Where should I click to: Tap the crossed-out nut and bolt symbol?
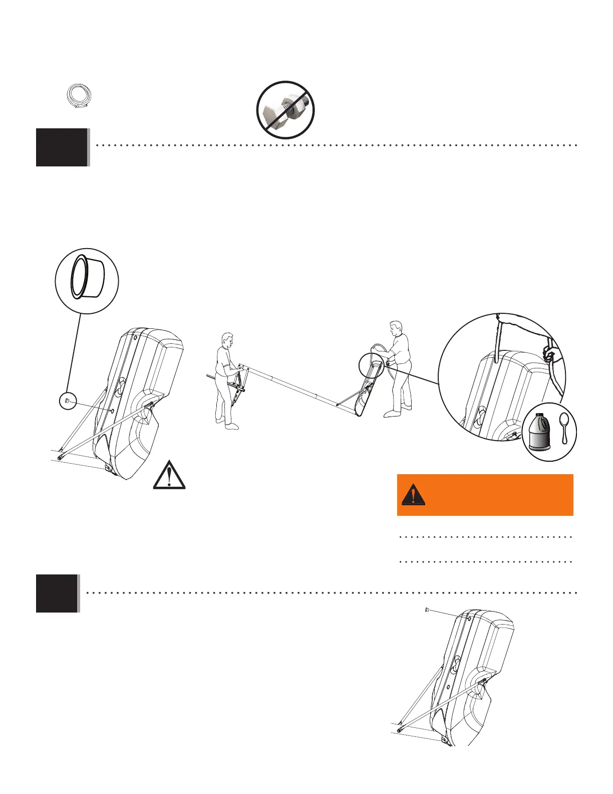(x=285, y=110)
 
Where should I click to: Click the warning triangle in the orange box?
(x=413, y=495)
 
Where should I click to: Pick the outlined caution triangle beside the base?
(x=169, y=475)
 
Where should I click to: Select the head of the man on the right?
(x=396, y=329)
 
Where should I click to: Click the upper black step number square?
(x=62, y=147)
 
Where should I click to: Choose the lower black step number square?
(x=57, y=593)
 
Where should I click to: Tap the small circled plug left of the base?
(x=68, y=401)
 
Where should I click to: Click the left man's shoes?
(x=228, y=425)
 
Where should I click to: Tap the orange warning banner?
(x=485, y=495)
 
